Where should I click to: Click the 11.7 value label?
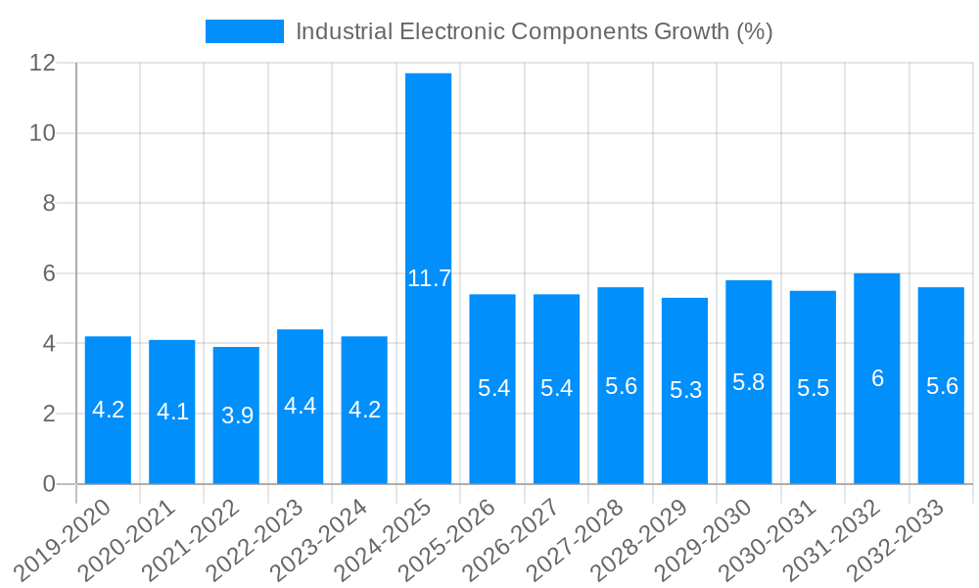point(429,278)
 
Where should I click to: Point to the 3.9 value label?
point(237,416)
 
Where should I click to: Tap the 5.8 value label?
point(749,382)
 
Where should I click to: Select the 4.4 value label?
point(301,406)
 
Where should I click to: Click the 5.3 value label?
point(685,390)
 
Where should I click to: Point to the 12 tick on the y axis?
point(42,63)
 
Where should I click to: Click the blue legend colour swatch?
point(244,31)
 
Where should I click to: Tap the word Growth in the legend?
point(689,31)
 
